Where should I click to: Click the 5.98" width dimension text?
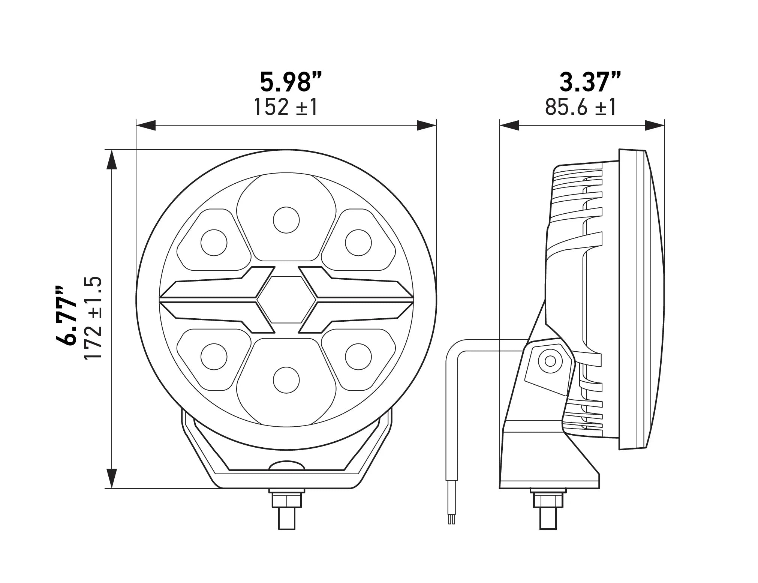click(291, 83)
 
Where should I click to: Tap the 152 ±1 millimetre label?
click(286, 107)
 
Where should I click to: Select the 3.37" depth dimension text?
click(590, 83)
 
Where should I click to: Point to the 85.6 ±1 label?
click(581, 107)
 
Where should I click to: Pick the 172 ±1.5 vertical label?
click(93, 319)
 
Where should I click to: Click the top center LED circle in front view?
click(286, 220)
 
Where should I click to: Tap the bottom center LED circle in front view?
click(286, 380)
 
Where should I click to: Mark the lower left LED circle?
click(214, 357)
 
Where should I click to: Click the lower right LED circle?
click(358, 357)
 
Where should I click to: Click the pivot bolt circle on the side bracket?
click(550, 361)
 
